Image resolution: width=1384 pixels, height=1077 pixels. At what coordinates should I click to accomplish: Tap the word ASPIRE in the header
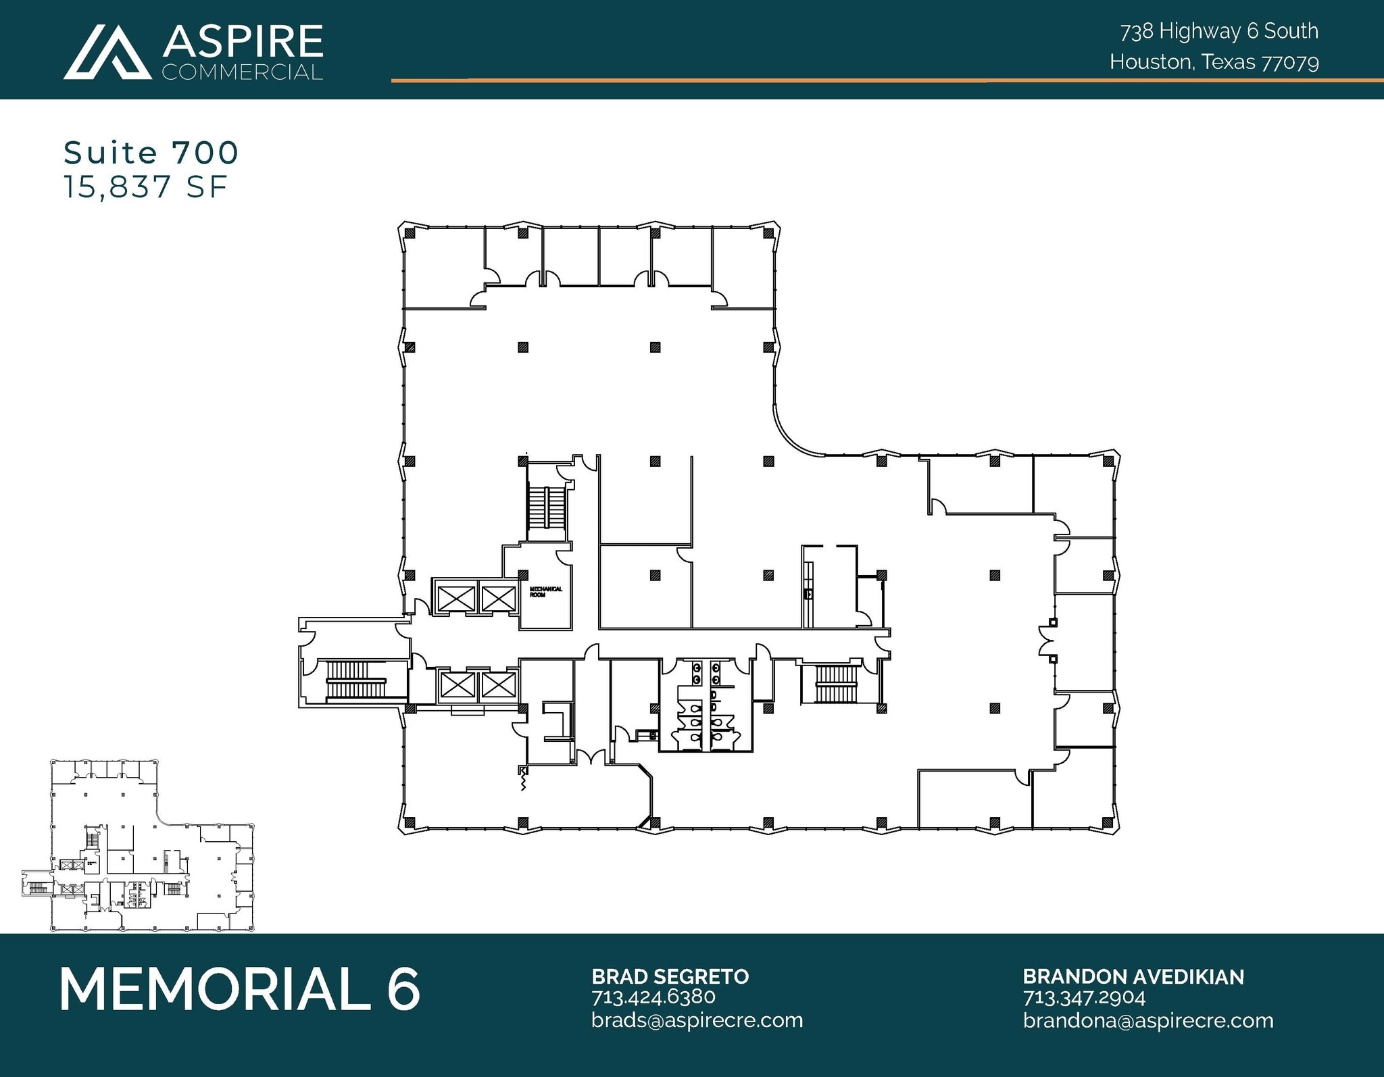[243, 42]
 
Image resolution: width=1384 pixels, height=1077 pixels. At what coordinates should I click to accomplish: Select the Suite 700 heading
[151, 153]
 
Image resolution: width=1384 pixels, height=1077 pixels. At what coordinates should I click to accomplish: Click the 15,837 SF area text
[145, 187]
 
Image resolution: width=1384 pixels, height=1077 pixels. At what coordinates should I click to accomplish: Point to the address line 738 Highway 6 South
[1219, 31]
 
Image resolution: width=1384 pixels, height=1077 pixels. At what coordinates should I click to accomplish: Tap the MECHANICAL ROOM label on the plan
[545, 592]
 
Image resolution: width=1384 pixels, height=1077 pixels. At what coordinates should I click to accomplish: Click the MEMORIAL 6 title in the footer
[240, 989]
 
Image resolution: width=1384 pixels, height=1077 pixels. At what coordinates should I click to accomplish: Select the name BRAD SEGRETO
[670, 976]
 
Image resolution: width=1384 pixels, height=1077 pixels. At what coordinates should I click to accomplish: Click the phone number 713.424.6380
[653, 997]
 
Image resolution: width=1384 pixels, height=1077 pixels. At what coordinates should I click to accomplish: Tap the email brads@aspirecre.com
[697, 1020]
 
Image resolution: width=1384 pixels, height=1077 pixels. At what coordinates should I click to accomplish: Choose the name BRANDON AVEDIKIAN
[1133, 976]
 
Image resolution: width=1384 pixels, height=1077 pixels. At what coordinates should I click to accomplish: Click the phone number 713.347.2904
[1084, 997]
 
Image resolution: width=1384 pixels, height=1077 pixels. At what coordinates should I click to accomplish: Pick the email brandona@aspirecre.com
[1147, 1020]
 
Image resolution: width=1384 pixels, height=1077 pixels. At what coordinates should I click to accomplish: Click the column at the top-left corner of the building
[410, 232]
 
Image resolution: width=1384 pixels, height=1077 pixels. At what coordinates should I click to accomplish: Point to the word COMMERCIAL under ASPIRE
[242, 72]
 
